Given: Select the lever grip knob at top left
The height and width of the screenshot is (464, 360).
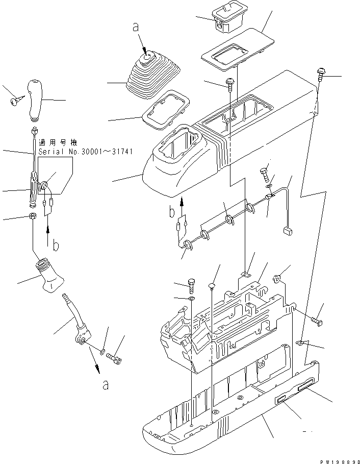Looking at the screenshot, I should (38, 98).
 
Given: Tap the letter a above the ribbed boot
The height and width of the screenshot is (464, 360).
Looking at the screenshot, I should (136, 28).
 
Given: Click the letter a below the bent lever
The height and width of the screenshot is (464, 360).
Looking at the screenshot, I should (105, 385).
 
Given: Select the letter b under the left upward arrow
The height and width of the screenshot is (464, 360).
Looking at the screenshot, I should (56, 246).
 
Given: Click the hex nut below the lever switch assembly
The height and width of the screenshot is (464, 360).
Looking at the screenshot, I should (33, 217).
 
